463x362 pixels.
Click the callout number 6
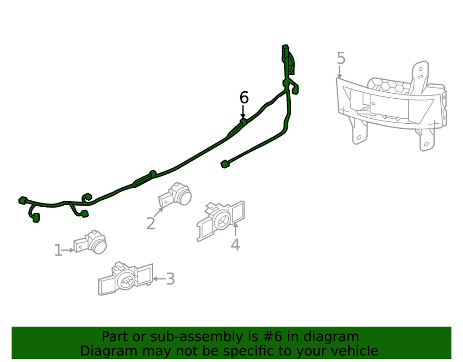[244, 98]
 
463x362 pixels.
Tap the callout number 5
[341, 58]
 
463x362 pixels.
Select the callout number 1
[58, 251]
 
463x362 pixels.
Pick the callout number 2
[151, 223]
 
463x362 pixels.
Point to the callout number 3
[170, 279]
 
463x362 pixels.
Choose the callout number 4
[235, 244]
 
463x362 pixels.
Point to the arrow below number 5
[339, 72]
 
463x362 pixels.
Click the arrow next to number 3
[158, 279]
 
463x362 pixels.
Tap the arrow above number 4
[235, 229]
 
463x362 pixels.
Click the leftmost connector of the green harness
[21, 200]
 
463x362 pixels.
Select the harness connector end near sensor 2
[225, 164]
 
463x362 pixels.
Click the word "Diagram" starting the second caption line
[108, 351]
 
